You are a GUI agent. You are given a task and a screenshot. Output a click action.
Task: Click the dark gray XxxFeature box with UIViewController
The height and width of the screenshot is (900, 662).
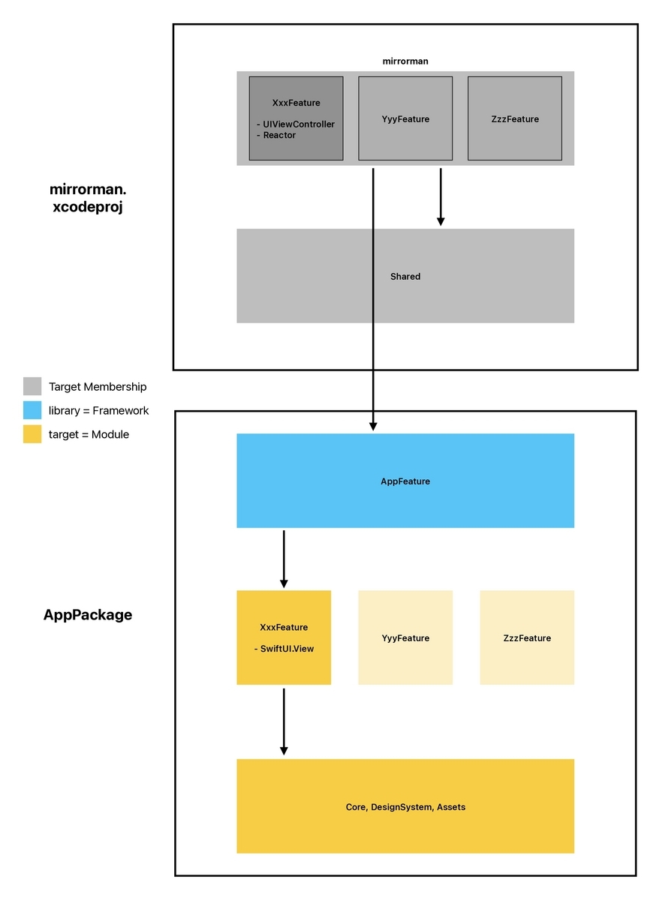click(296, 118)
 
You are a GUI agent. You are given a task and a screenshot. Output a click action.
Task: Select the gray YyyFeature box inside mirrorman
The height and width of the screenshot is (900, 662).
click(405, 118)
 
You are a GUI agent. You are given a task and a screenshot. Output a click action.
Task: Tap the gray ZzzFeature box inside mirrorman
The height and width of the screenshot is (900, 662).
click(514, 118)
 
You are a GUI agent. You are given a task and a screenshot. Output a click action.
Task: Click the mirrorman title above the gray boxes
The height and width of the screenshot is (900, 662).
click(405, 61)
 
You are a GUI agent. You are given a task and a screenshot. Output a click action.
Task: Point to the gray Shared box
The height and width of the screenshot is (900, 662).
click(405, 276)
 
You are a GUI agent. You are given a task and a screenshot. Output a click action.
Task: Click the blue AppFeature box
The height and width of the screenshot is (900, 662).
click(405, 481)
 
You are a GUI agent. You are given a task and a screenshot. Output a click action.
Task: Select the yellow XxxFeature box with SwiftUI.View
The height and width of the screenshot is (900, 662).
click(284, 637)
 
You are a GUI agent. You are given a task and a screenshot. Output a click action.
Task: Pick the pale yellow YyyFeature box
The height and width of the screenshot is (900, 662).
click(405, 637)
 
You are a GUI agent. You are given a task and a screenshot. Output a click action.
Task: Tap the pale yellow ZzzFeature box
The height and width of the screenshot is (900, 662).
click(527, 637)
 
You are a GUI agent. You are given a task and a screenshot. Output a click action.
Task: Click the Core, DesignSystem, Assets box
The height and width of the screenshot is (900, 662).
click(405, 806)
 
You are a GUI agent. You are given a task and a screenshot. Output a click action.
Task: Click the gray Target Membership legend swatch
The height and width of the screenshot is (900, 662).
click(32, 386)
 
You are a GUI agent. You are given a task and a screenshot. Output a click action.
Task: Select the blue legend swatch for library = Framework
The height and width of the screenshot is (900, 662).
click(32, 410)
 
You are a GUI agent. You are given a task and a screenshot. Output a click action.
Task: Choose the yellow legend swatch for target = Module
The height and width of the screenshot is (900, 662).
click(32, 434)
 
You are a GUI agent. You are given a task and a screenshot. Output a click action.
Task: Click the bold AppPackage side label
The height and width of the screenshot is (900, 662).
click(88, 615)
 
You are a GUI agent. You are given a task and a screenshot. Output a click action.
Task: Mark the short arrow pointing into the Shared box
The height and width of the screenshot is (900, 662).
click(441, 196)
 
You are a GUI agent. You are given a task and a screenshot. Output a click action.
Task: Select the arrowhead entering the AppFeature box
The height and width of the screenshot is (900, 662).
click(373, 425)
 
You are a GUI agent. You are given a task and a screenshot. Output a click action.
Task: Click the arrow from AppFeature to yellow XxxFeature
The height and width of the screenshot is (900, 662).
click(284, 559)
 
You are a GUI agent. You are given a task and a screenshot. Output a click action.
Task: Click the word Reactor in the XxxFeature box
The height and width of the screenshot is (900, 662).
click(279, 135)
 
